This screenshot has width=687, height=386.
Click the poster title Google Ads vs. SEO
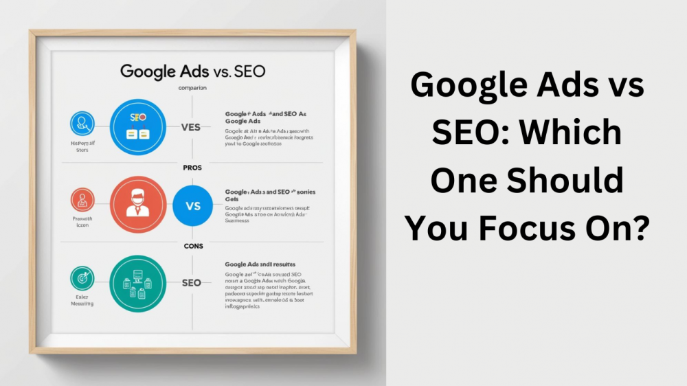click(x=193, y=71)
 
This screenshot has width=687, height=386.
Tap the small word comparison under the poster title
click(x=192, y=88)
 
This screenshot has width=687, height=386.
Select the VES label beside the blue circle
click(x=190, y=127)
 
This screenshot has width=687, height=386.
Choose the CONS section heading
click(x=192, y=245)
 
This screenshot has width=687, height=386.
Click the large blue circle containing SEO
click(x=138, y=127)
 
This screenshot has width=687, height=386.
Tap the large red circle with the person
click(x=138, y=205)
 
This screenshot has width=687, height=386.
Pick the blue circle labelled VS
click(x=192, y=205)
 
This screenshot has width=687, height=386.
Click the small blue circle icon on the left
click(x=82, y=124)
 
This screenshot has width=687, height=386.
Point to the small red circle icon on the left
click(x=82, y=201)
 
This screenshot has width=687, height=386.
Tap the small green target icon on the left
click(x=82, y=278)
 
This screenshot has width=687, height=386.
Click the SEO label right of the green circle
click(x=192, y=282)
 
